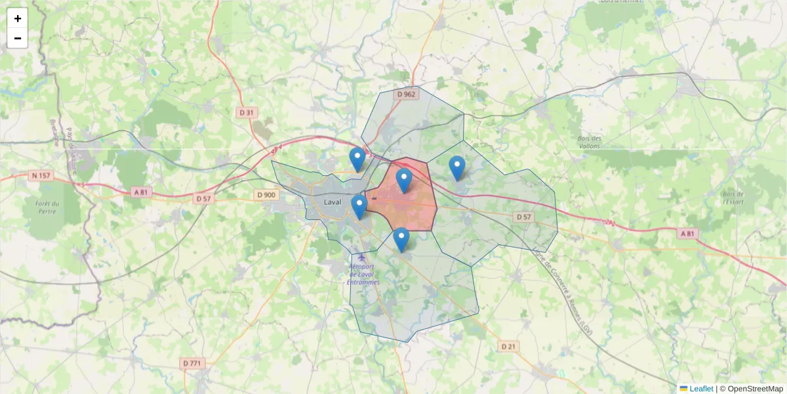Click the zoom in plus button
coord(18,18)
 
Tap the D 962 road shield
coord(407,94)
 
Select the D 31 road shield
coord(246,112)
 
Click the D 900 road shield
coord(266,194)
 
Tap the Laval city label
coord(333,202)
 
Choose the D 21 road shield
coord(509,346)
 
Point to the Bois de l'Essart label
coord(732,198)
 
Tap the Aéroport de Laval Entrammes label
coord(363,274)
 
